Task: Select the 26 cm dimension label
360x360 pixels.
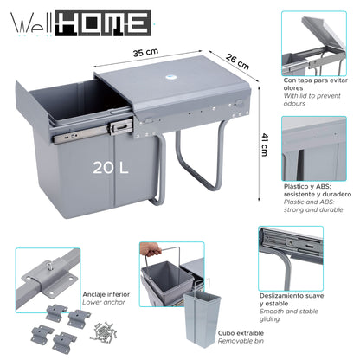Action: pos(237,65)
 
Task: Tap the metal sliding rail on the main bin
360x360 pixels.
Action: pos(82,132)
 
